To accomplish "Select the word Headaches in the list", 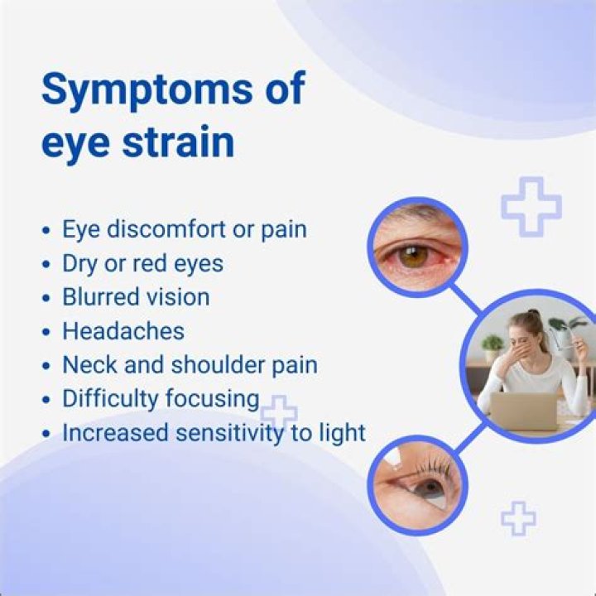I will (x=123, y=331).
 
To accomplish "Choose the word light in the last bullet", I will (x=339, y=432).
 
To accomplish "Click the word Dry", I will (x=79, y=263).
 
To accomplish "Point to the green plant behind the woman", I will (x=493, y=344).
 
